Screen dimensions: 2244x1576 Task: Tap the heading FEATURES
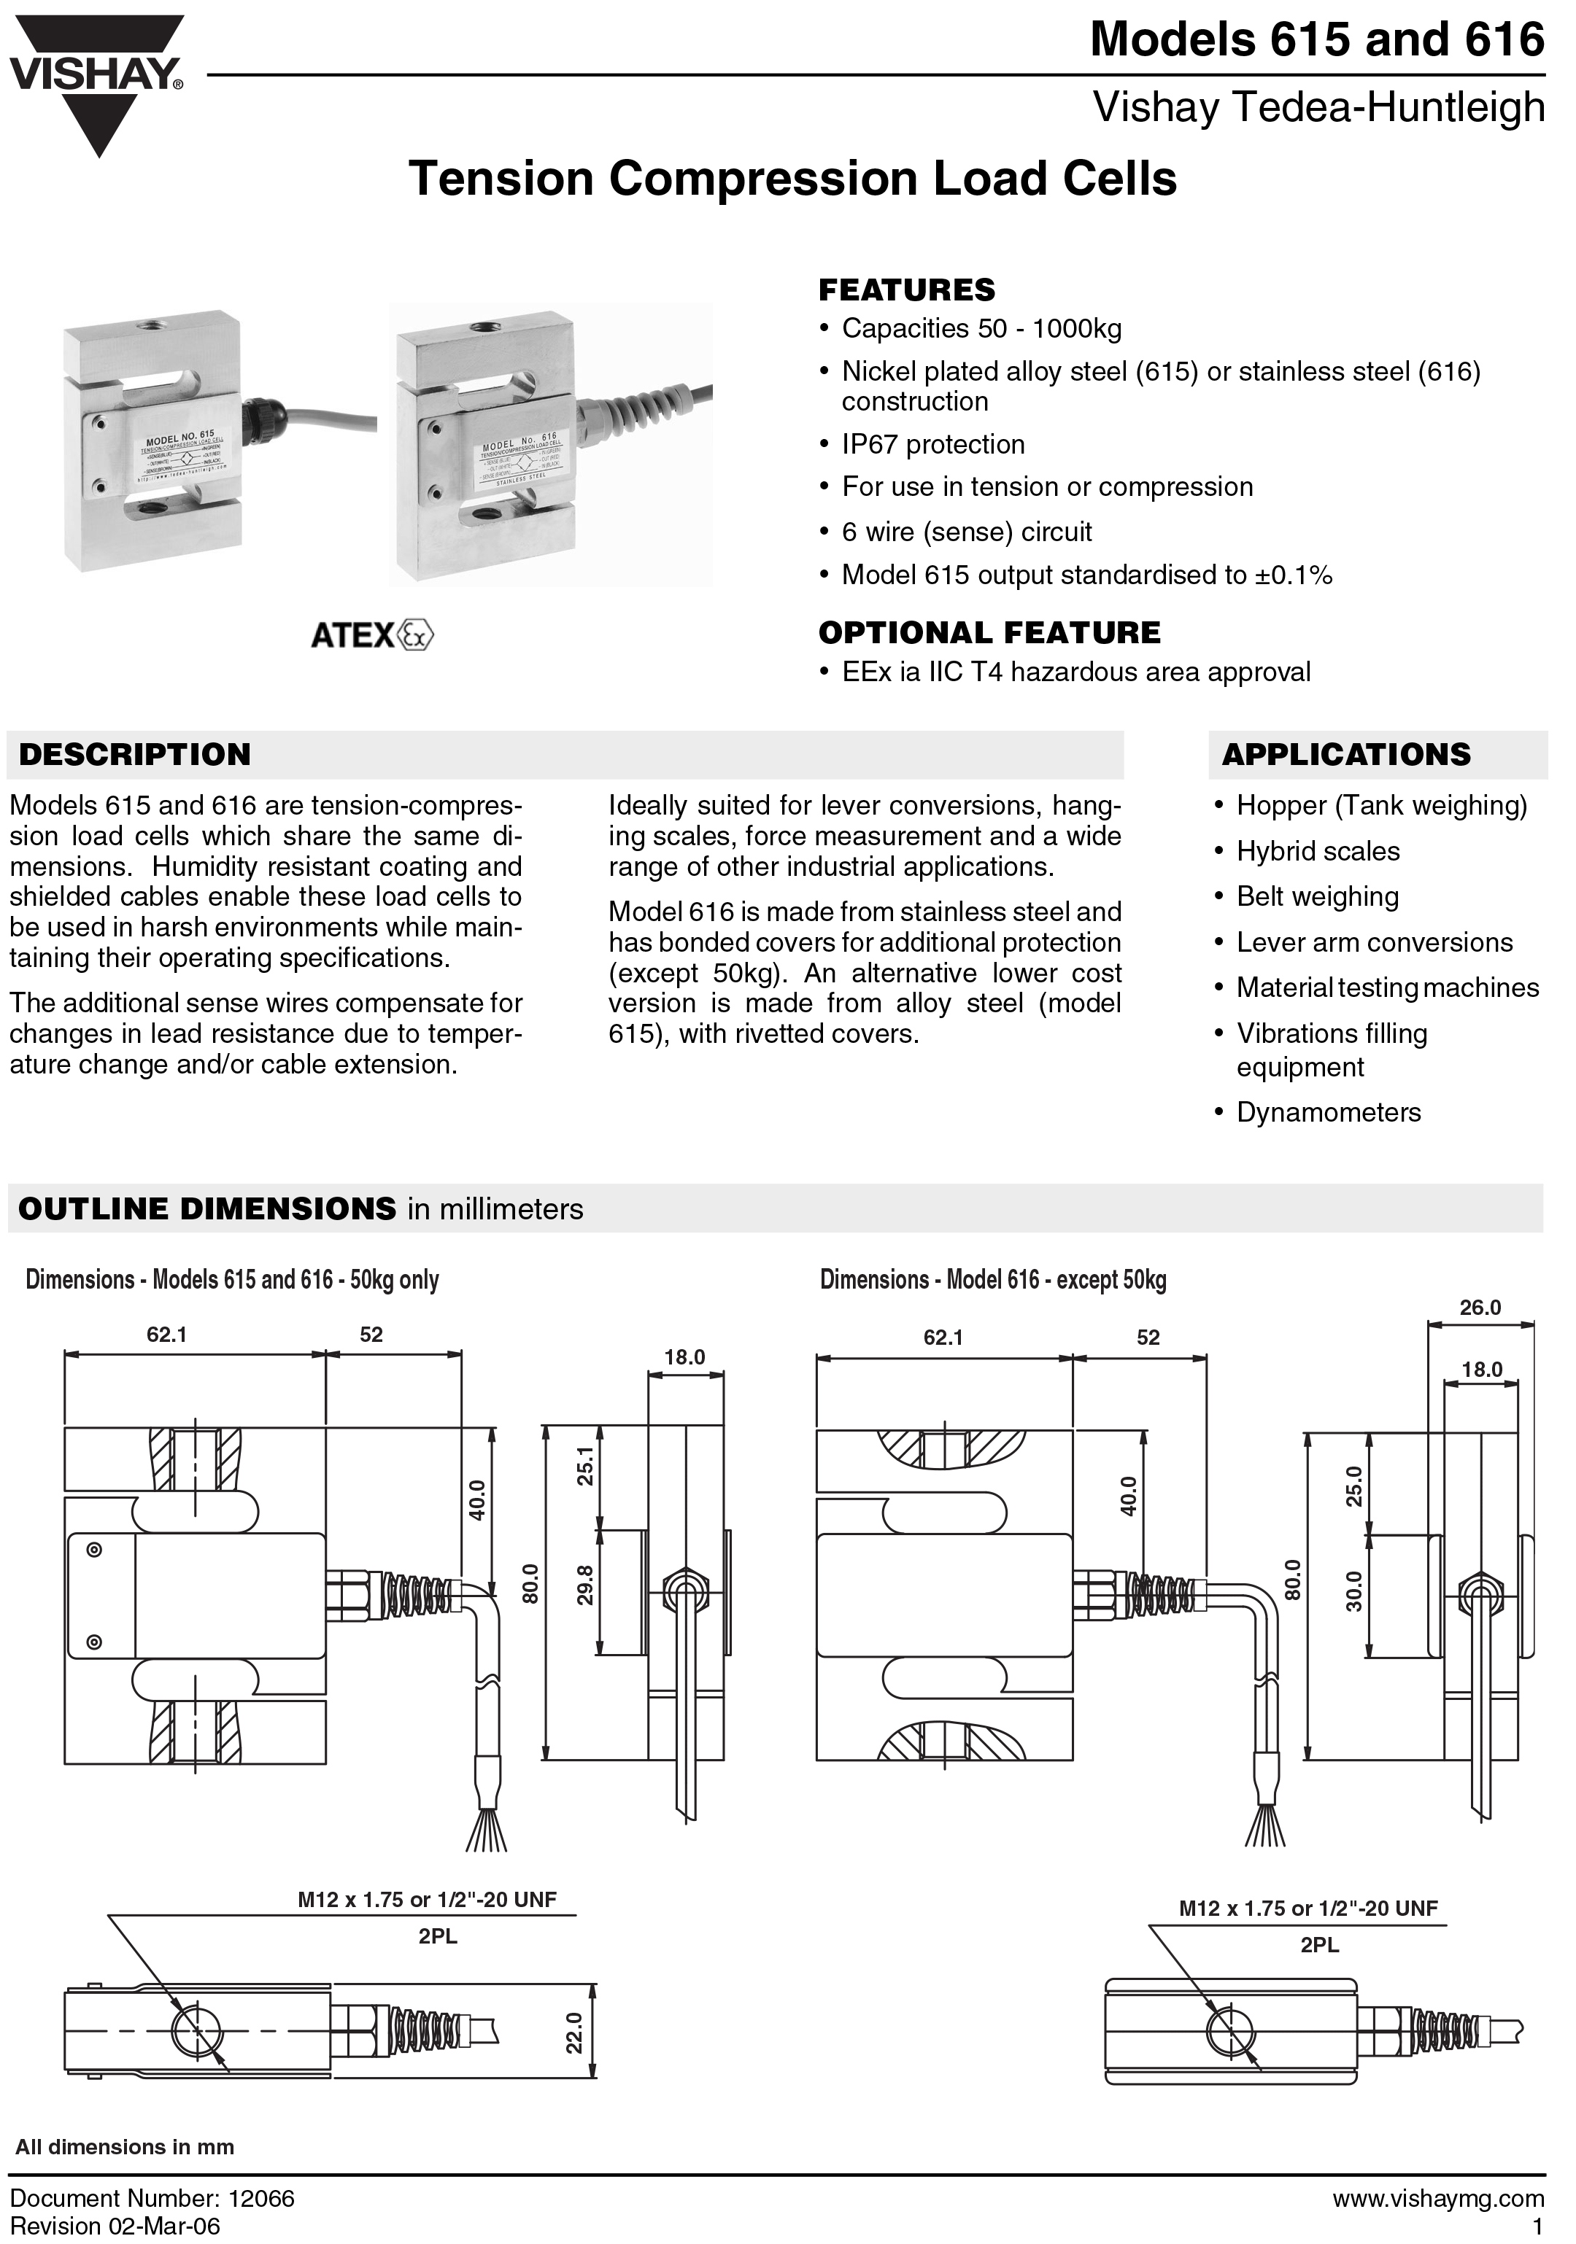(x=906, y=290)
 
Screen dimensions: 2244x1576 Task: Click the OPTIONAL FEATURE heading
(x=989, y=633)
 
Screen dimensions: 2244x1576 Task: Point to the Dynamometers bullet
(x=1328, y=1112)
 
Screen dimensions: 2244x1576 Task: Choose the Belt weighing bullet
(x=1317, y=896)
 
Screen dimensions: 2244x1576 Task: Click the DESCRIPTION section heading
(x=135, y=755)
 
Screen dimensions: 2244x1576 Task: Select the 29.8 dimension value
(x=584, y=1584)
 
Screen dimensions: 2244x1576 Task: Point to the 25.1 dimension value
(x=584, y=1466)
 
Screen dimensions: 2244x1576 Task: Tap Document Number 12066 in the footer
(x=152, y=2198)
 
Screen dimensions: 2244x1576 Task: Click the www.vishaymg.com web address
(x=1437, y=2198)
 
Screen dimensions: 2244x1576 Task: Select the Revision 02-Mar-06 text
(x=115, y=2226)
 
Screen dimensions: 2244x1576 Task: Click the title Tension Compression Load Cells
(x=793, y=179)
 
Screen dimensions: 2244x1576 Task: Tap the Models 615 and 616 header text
(x=1316, y=40)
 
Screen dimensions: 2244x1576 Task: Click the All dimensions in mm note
(x=125, y=2147)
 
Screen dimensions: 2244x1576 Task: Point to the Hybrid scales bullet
(x=1317, y=851)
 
